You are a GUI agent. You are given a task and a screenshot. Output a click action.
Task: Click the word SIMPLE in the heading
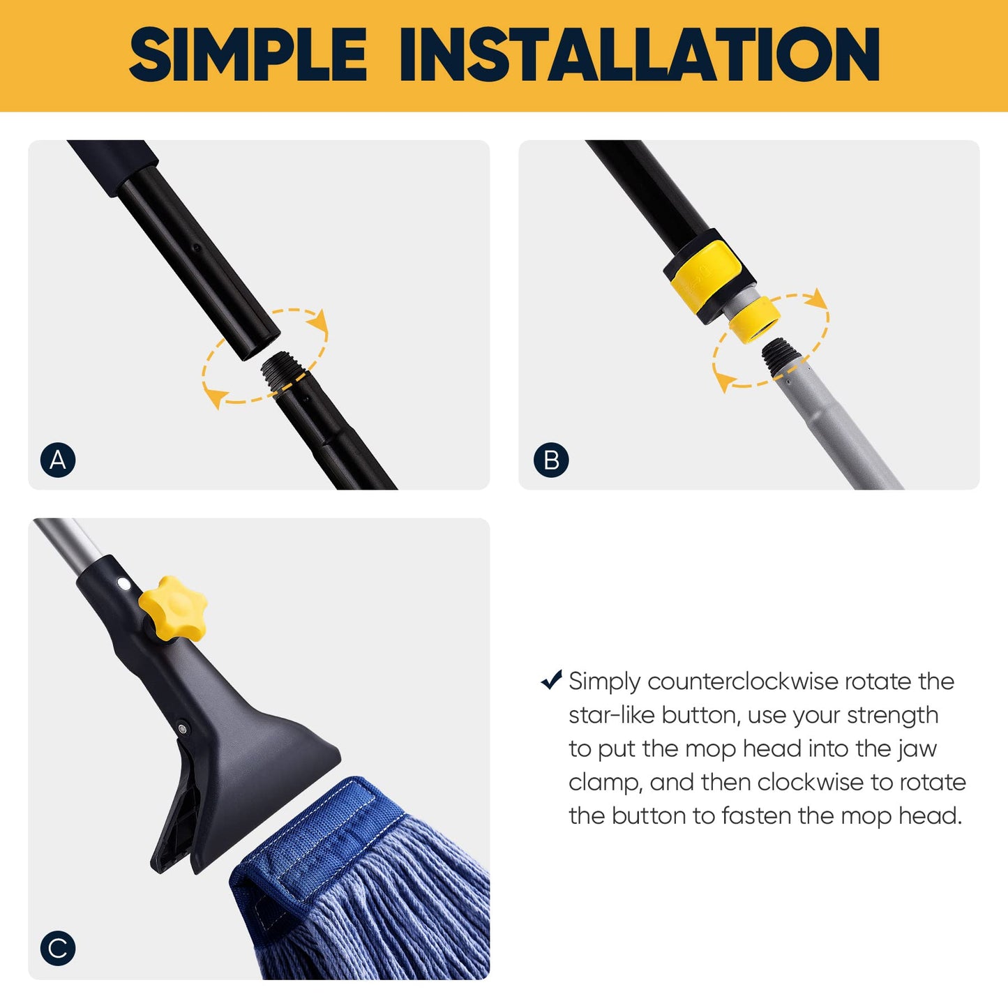coord(248,54)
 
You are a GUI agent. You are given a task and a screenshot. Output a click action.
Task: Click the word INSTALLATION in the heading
coord(639,54)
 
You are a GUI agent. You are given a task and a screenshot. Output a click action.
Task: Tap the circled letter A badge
coord(58,460)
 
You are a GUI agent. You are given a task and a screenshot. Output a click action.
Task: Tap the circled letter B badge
coord(551,460)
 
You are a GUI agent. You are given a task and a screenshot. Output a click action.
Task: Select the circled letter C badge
coord(58,948)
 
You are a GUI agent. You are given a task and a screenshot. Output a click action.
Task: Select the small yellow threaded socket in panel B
coord(755,320)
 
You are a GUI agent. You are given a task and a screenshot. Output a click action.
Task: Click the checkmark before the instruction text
coord(551,679)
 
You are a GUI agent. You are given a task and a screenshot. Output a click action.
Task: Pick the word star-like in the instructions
coord(611,715)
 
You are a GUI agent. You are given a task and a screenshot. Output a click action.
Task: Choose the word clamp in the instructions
coord(603,783)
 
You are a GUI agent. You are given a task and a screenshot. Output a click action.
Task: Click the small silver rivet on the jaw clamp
coord(183,729)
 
